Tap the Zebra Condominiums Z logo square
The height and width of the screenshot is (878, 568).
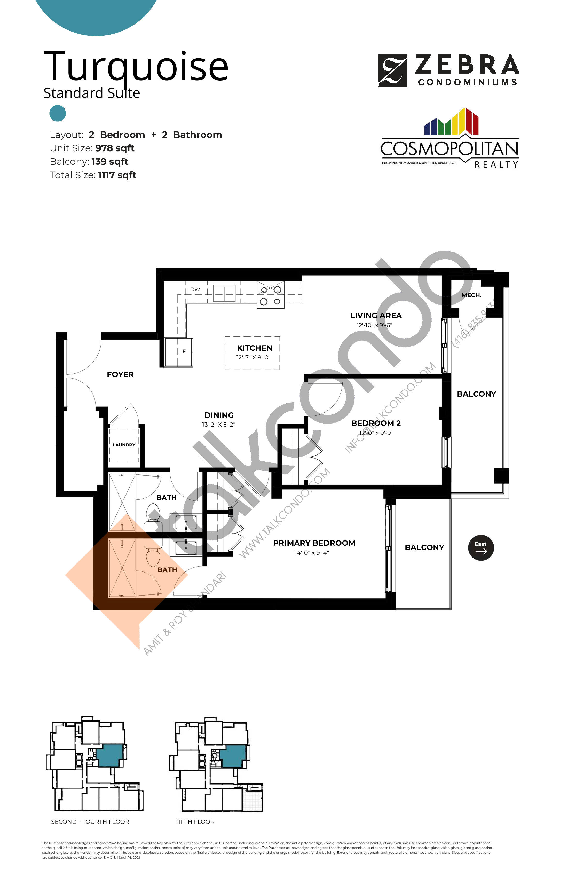tap(392, 71)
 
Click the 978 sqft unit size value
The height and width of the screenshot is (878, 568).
tap(115, 148)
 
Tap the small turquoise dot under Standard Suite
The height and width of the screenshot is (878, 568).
tap(58, 113)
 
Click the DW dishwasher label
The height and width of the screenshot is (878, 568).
tap(195, 289)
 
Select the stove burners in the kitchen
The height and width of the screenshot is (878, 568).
tap(270, 295)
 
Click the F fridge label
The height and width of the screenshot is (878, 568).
tap(184, 351)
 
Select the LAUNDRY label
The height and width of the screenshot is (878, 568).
tap(124, 445)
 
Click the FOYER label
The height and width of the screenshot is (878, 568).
tap(120, 374)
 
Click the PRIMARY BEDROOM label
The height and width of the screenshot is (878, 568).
tap(314, 543)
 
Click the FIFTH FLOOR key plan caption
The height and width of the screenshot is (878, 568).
tap(195, 821)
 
